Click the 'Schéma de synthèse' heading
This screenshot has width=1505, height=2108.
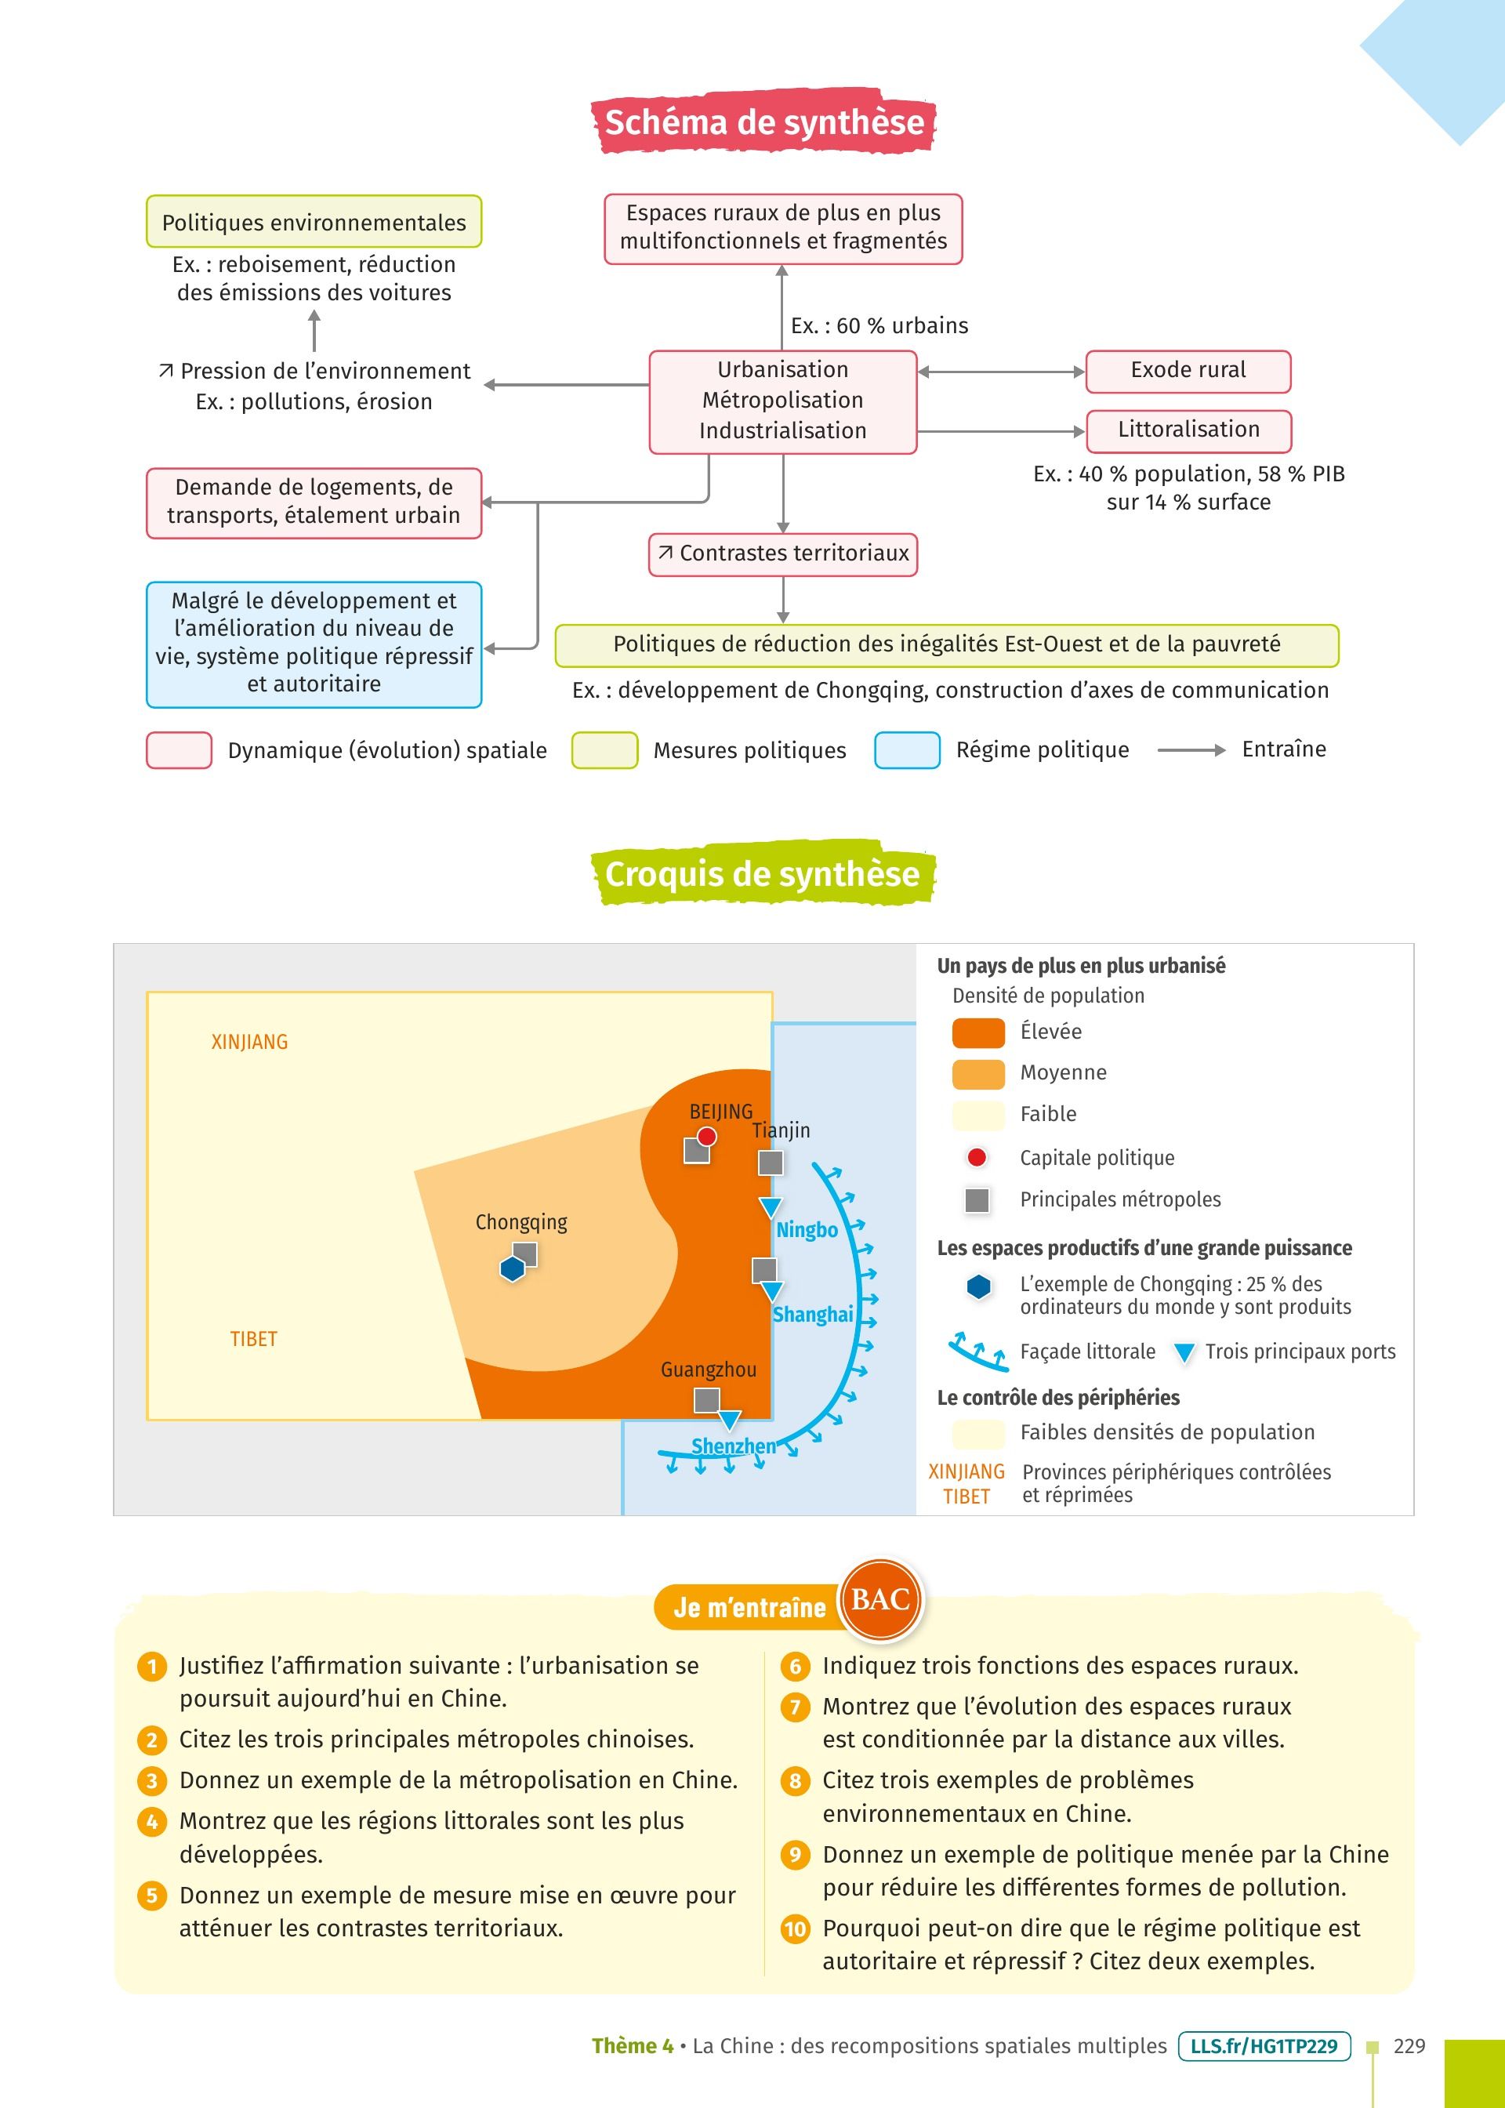pos(763,122)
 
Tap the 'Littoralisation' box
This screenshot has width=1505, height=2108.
pos(1188,430)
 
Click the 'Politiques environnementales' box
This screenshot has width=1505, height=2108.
pos(314,223)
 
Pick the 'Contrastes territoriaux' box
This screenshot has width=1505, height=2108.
pos(783,554)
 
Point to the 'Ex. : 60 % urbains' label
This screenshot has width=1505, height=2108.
pos(879,326)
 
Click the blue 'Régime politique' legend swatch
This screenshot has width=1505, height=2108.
pos(907,750)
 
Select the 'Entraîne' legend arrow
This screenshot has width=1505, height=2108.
pos(1191,750)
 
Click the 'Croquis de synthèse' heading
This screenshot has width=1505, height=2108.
pos(763,874)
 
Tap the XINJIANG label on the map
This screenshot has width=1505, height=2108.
pos(249,1043)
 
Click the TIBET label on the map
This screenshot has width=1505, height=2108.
pos(254,1339)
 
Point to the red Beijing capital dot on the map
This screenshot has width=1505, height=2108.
pos(707,1137)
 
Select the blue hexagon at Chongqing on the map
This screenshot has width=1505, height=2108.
pos(513,1268)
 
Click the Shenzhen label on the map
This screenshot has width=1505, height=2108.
pos(733,1446)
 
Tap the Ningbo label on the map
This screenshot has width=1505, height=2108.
pos(807,1231)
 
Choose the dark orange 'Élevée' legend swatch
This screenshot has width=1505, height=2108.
pos(977,1032)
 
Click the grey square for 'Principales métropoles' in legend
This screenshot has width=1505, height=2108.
pos(977,1200)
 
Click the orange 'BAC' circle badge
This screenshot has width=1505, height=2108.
pos(879,1599)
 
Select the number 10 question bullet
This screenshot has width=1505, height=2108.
pos(795,1929)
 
